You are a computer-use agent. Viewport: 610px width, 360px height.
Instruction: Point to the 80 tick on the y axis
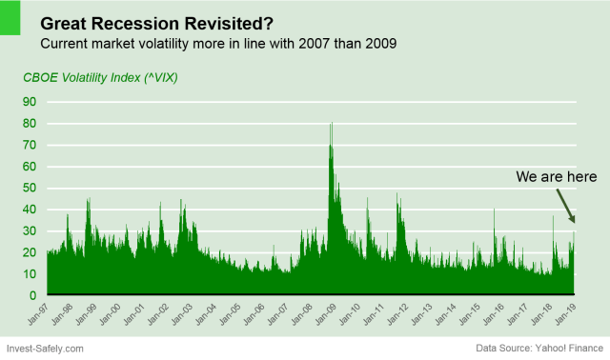30,123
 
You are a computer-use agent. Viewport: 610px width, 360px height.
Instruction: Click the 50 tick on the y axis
30,188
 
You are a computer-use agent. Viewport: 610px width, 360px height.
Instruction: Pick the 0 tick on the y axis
33,295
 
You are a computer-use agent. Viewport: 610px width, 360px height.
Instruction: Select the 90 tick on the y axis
30,102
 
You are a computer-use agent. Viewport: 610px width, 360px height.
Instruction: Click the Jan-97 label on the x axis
42,314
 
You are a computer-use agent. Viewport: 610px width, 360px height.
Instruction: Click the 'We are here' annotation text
557,177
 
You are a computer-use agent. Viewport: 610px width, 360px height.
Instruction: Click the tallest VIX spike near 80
331,126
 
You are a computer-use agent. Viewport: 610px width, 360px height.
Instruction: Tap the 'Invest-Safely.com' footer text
46,350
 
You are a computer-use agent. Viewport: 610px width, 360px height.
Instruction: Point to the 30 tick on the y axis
30,230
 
